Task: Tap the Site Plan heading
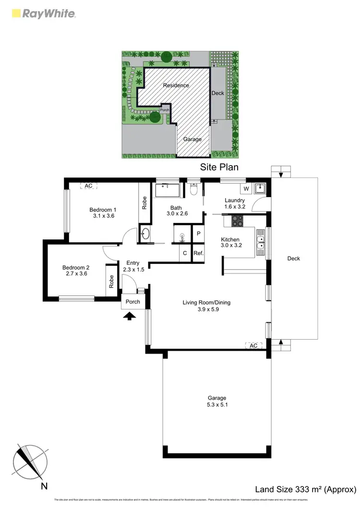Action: click(x=219, y=167)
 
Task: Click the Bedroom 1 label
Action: click(x=103, y=210)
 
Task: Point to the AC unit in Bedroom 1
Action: click(x=88, y=186)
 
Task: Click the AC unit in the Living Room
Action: click(x=254, y=345)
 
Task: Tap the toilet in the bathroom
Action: click(x=194, y=191)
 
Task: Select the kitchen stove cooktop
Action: click(x=237, y=221)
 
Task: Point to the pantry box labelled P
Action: click(x=199, y=234)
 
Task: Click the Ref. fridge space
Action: click(x=199, y=253)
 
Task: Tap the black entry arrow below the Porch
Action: click(x=130, y=315)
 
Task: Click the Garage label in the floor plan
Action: click(x=216, y=398)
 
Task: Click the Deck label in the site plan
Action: click(x=218, y=93)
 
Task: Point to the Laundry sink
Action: click(x=260, y=188)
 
